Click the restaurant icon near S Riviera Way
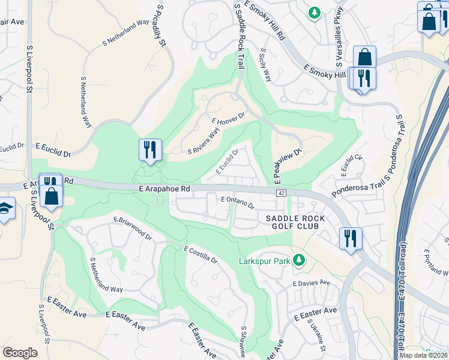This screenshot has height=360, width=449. pyautogui.click(x=149, y=149)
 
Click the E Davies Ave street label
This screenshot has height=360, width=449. pyautogui.click(x=312, y=283)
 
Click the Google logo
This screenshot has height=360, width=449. pyautogui.click(x=20, y=353)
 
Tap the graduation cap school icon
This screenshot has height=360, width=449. pyautogui.click(x=5, y=209)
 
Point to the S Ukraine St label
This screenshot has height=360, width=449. pyautogui.click(x=316, y=336)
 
